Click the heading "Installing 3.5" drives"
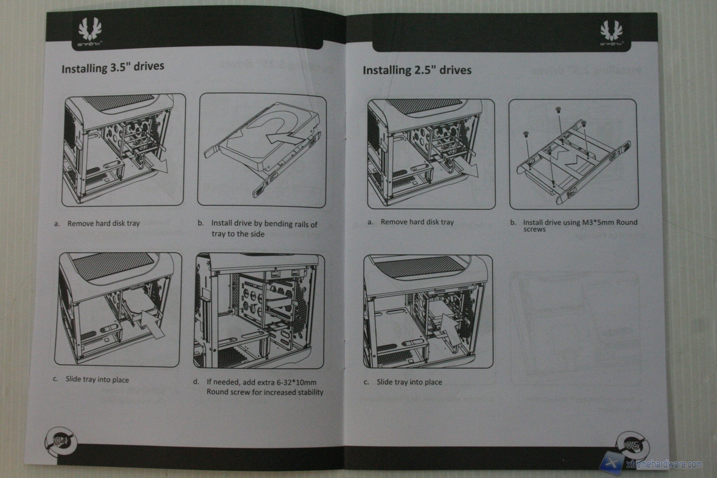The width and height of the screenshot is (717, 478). [112, 67]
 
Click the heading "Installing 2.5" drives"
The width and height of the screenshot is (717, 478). [417, 70]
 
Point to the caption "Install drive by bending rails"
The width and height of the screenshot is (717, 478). [264, 229]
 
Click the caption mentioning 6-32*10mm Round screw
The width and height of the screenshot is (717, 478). [265, 387]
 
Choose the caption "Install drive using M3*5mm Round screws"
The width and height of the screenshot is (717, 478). [580, 225]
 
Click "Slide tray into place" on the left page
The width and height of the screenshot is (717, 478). [97, 380]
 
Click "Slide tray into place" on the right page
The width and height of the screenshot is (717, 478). [409, 382]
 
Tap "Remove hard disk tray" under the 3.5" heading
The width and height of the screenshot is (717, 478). [103, 224]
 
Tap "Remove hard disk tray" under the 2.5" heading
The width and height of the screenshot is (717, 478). [417, 222]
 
